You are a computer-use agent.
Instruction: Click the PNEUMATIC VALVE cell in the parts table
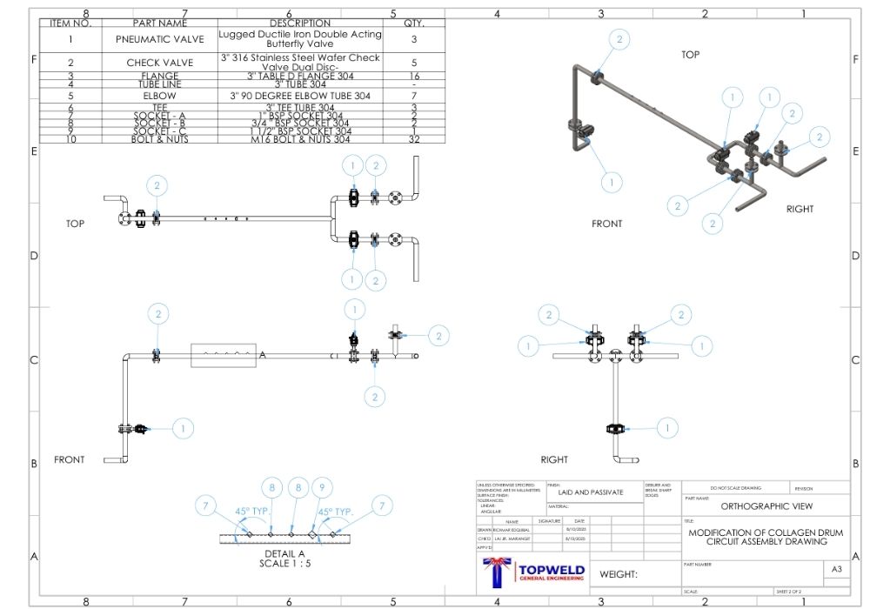(x=159, y=39)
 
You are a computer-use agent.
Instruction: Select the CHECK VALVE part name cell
(x=159, y=63)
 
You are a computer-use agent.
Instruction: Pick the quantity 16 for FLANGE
(x=414, y=77)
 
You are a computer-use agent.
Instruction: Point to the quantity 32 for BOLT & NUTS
(x=414, y=139)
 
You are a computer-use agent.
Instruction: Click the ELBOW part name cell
(x=159, y=96)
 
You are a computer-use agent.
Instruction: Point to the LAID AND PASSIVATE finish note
(x=591, y=492)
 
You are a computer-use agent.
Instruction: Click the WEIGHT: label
(x=619, y=574)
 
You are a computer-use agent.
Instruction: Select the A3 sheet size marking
(x=836, y=569)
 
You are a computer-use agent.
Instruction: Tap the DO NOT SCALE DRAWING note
(x=735, y=488)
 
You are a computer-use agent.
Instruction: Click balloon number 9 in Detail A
(x=322, y=488)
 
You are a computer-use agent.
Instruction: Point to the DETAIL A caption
(x=284, y=553)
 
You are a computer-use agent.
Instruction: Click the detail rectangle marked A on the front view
(x=223, y=356)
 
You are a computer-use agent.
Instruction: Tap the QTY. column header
(x=414, y=23)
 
